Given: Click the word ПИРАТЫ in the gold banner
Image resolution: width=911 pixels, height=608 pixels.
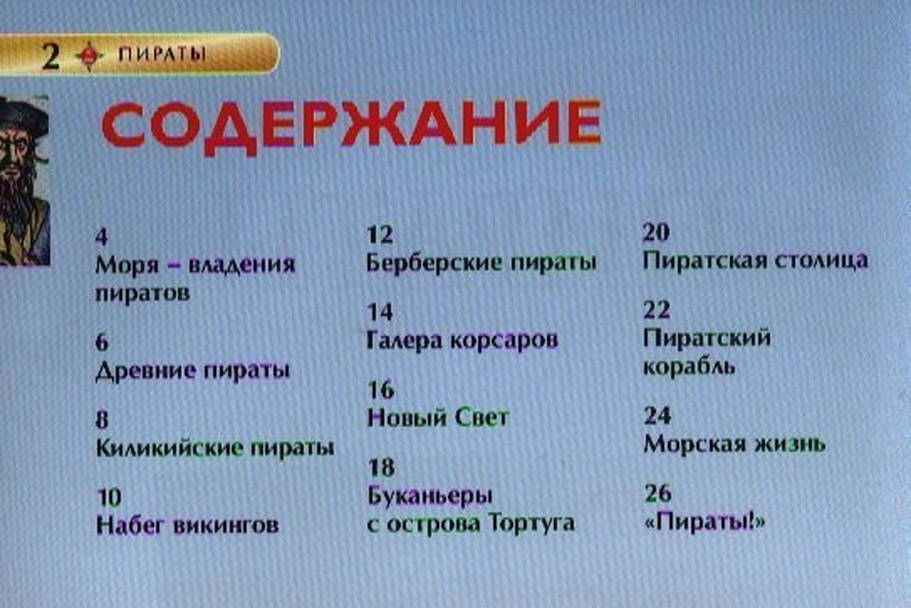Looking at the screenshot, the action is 162,55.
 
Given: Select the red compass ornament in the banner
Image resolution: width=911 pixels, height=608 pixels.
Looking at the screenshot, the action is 89,56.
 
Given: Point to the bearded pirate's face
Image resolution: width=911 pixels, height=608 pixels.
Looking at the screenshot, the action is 17,155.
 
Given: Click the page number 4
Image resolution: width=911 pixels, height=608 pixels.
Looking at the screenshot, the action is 101,236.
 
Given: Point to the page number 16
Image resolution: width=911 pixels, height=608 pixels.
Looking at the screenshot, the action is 380,390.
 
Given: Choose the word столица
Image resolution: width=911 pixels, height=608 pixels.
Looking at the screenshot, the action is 821,261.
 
